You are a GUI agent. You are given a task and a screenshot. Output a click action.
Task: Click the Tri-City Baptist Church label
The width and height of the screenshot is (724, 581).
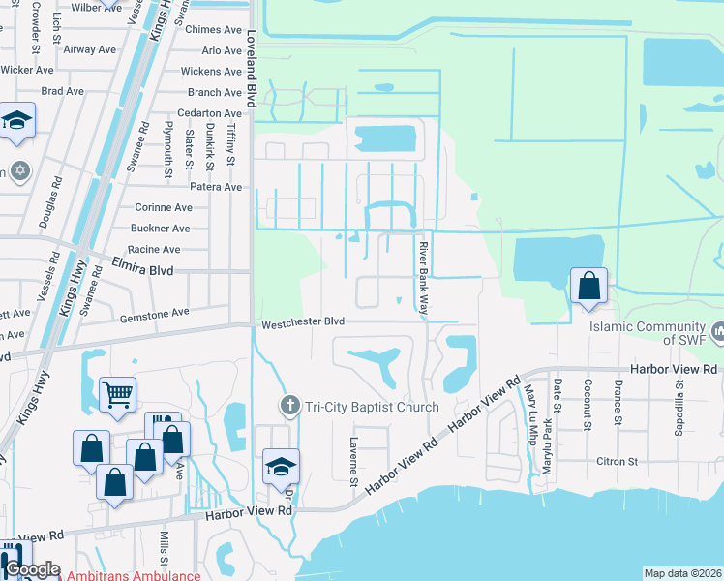(370, 407)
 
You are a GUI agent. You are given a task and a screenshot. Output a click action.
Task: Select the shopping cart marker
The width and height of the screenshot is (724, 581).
(117, 393)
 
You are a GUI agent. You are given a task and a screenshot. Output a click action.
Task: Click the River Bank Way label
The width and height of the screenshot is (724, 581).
(423, 279)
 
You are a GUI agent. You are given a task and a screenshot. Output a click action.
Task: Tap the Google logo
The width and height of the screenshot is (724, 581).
(32, 570)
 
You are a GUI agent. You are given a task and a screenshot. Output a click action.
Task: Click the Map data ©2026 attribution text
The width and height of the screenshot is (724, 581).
(683, 573)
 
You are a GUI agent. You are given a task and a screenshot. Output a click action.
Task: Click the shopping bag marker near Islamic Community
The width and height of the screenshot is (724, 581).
(588, 286)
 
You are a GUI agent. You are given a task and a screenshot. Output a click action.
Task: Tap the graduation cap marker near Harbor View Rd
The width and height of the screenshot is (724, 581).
(282, 467)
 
